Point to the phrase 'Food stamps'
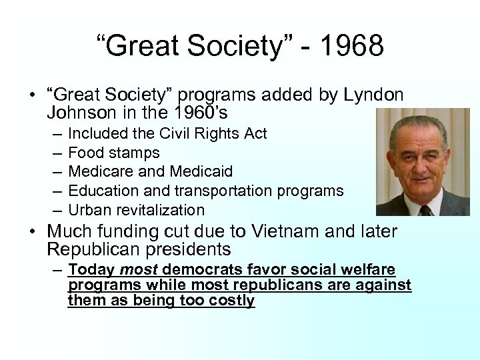click(x=114, y=153)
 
